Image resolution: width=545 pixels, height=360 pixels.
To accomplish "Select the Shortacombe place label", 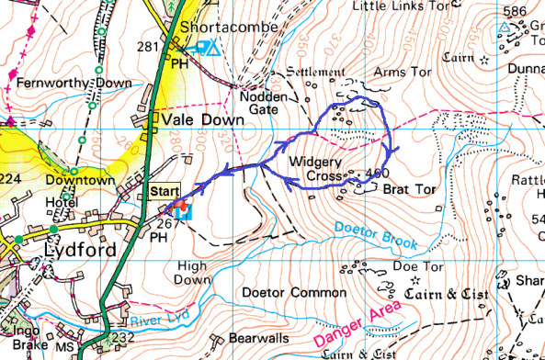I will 230,28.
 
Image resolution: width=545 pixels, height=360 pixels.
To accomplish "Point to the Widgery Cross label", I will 315,167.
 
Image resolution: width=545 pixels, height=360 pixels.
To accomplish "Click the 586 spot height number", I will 515,11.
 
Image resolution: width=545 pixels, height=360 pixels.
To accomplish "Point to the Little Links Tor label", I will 400,6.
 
